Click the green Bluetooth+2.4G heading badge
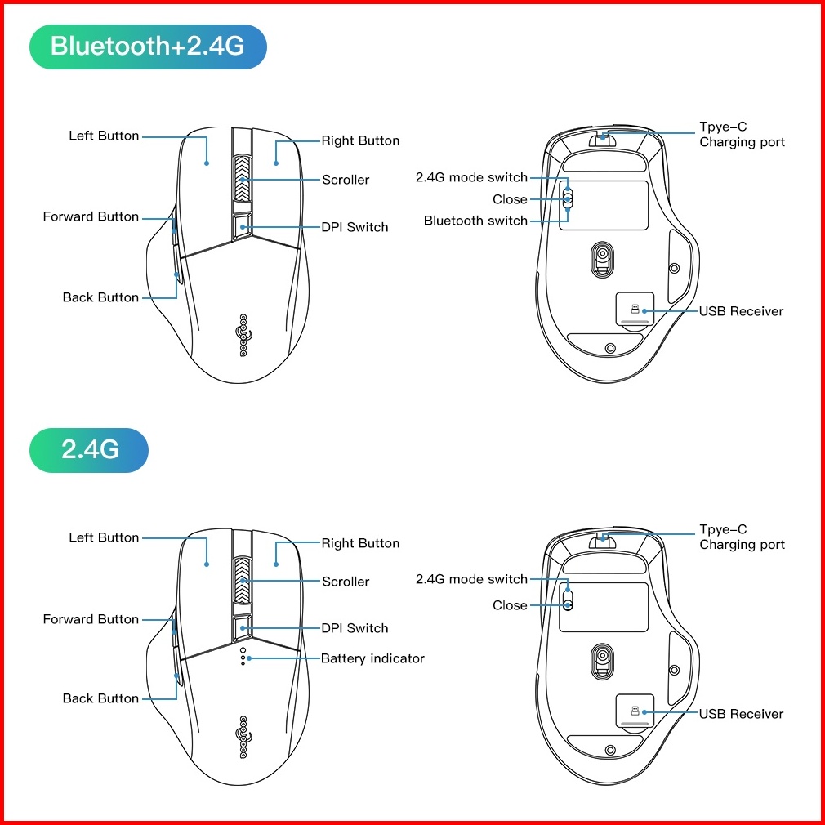pos(148,46)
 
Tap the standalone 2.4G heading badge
pos(89,449)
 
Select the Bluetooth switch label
pos(475,221)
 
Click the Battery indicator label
pos(372,658)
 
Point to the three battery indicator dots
pos(243,658)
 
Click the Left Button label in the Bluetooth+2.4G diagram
pos(104,136)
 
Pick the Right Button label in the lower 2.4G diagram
pos(360,543)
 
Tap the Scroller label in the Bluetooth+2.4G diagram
pos(346,180)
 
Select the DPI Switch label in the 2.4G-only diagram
pos(355,628)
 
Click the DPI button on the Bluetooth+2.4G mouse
pos(243,226)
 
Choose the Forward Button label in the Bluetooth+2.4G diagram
pos(91,216)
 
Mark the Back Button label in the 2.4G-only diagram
pos(100,698)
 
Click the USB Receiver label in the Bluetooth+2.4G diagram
pos(741,311)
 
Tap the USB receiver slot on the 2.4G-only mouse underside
pos(635,712)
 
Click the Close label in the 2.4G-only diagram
pos(510,605)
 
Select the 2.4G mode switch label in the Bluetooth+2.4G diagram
pos(471,177)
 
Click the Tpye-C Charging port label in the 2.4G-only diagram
pos(742,537)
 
